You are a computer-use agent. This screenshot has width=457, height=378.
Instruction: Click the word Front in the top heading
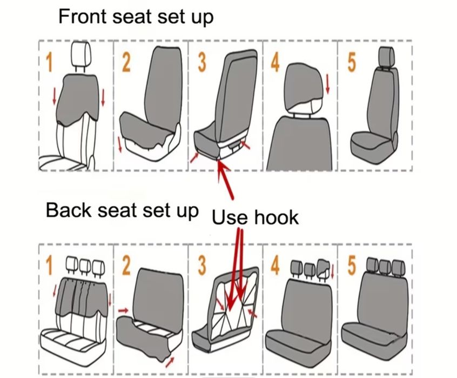[83, 16]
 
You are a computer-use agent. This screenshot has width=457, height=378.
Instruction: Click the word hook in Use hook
[277, 217]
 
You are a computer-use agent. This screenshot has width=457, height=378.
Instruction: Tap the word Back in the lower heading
[69, 210]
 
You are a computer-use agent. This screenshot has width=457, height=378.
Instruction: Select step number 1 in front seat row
[49, 62]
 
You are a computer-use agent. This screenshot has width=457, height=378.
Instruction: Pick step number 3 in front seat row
[202, 62]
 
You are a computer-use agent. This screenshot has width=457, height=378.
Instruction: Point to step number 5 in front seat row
[352, 62]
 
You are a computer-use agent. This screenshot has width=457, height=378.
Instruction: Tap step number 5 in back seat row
[352, 266]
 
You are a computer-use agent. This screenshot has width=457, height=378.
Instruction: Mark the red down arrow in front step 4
[327, 84]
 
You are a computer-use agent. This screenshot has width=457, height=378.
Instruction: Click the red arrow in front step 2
[119, 144]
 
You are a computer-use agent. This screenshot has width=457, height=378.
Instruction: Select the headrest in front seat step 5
[386, 57]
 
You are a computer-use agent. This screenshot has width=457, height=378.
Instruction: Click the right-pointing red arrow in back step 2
[123, 310]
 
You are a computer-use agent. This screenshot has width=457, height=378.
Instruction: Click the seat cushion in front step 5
[372, 147]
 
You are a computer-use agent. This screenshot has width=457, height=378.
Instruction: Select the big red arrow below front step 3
[226, 180]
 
